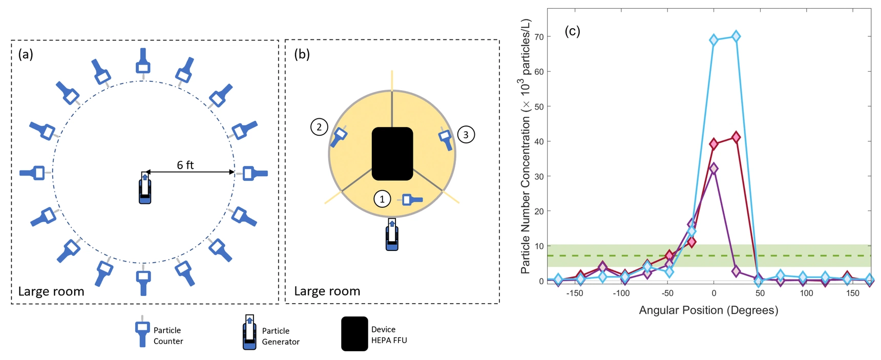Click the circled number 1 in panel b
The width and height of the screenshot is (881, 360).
[x=382, y=199]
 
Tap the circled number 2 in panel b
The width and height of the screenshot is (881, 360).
[x=319, y=126]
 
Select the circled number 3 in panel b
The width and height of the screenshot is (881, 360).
[x=466, y=135]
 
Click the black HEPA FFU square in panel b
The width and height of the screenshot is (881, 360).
[x=392, y=154]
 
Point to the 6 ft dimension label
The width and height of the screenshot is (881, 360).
[x=185, y=165]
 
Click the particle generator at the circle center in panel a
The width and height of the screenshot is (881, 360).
[x=145, y=188]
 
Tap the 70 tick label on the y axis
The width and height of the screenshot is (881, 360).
[x=539, y=37]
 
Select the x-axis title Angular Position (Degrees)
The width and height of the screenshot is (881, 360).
[x=708, y=310]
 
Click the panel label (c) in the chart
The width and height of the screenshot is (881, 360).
[x=572, y=31]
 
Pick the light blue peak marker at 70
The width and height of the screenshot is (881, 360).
[x=736, y=36]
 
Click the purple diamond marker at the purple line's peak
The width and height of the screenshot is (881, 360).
[x=714, y=168]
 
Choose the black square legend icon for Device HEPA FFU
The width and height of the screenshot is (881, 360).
[x=354, y=334]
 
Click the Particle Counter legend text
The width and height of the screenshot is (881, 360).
[x=168, y=336]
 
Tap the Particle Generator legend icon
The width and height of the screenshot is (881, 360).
[x=249, y=333]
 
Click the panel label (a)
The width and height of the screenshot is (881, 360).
[x=26, y=54]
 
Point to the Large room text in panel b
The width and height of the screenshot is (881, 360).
[x=327, y=291]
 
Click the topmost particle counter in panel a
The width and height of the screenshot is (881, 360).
[x=143, y=62]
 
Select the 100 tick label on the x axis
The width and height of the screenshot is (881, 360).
[x=806, y=293]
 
